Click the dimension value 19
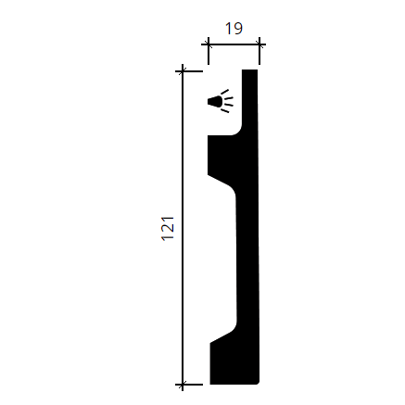(234, 29)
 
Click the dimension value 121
(169, 228)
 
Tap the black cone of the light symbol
(215, 102)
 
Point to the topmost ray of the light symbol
(225, 92)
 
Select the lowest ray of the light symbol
(225, 110)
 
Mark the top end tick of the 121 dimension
(183, 71)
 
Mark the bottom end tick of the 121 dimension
(183, 385)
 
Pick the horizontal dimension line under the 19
(234, 44)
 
